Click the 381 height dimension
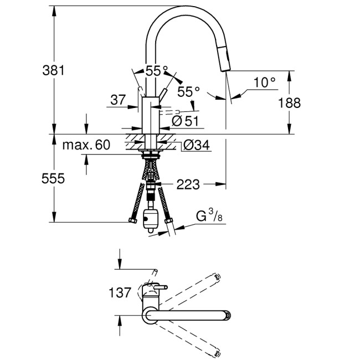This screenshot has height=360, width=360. tap(54, 70)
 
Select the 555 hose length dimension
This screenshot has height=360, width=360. tap(54, 178)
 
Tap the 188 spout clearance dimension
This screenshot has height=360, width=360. tap(289, 102)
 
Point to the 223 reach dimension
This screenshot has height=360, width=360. tap(188, 184)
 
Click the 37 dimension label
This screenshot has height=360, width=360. tap(118, 100)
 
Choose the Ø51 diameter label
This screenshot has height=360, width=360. tap(185, 120)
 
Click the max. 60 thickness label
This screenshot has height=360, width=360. tap(86, 146)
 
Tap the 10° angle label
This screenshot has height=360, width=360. tap(264, 83)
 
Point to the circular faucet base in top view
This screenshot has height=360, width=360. tap(151, 315)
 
